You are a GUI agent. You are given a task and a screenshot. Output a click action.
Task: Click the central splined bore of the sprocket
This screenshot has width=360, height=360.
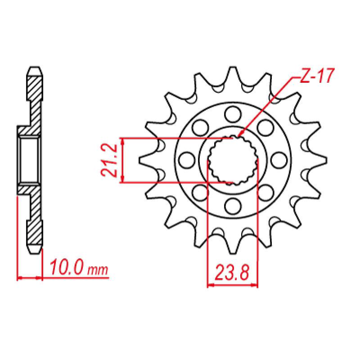(x=232, y=160)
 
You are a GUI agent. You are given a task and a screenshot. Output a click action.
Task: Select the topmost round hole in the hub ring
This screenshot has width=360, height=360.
(x=232, y=113)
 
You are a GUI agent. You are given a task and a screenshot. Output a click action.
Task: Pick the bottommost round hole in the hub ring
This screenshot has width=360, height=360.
(x=232, y=207)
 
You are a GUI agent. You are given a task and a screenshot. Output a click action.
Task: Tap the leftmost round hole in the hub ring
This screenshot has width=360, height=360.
(x=185, y=160)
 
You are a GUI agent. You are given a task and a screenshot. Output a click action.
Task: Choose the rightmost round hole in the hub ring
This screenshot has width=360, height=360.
(x=279, y=160)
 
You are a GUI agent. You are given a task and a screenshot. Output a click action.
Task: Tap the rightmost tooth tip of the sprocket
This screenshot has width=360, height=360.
(x=324, y=160)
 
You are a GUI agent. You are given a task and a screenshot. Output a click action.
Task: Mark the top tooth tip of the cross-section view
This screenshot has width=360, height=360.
(x=35, y=70)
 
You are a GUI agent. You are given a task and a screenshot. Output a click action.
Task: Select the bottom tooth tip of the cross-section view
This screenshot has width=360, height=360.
(x=35, y=251)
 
